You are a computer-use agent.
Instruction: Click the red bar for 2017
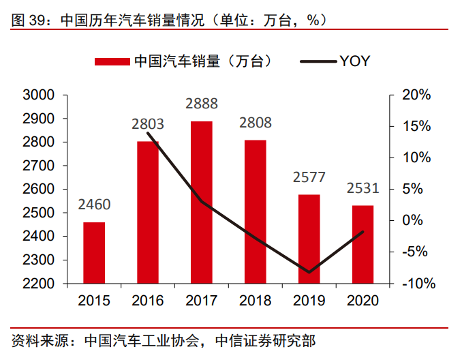[201, 202]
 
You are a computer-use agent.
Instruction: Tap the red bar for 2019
[309, 239]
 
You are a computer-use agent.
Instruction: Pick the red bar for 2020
[363, 244]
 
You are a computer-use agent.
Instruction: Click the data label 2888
[202, 104]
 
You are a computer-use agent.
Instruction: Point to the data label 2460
[94, 205]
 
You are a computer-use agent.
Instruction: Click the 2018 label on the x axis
[256, 301]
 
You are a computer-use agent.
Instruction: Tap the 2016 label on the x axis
[148, 301]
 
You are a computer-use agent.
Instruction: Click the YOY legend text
[354, 61]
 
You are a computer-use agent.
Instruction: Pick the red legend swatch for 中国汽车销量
[112, 61]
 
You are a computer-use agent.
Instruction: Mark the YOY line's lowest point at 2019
[309, 272]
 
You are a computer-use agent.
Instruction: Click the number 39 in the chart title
[38, 19]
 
